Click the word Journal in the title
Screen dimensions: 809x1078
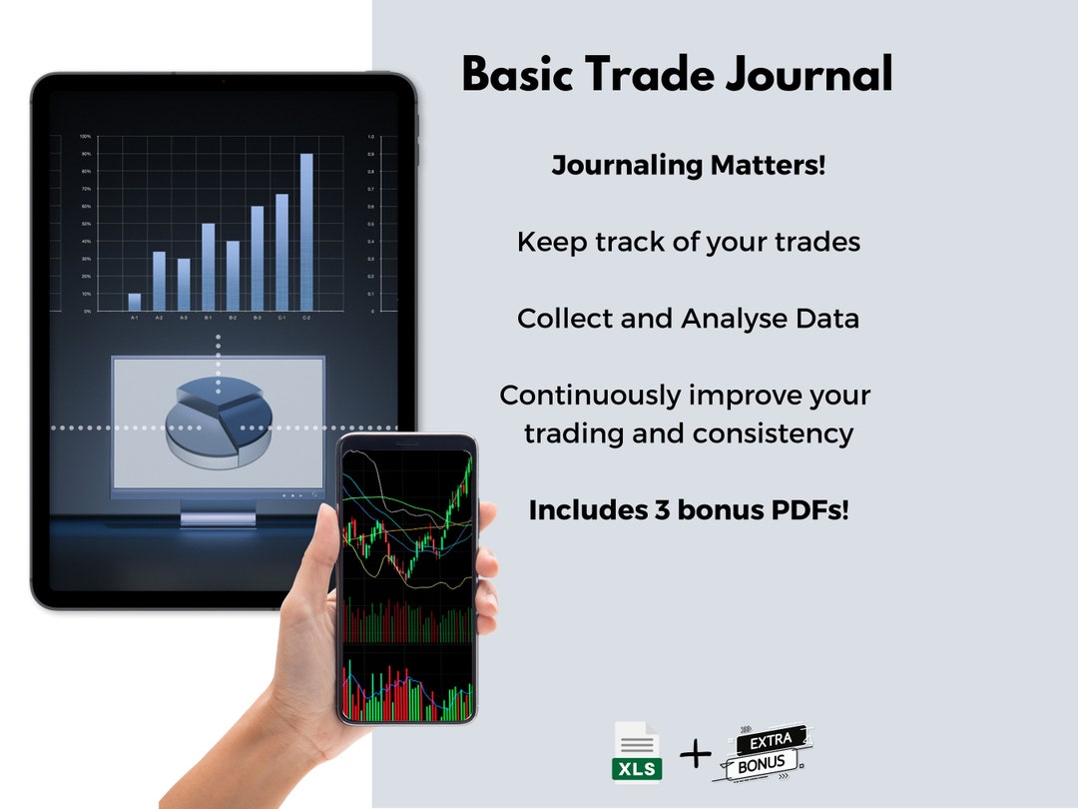pos(808,76)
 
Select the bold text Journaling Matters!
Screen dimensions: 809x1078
pos(689,165)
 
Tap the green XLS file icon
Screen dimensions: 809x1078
pos(637,751)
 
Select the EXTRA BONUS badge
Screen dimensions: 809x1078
pos(763,753)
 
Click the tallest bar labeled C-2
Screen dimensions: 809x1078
pos(306,232)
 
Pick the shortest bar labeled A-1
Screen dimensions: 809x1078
pos(135,302)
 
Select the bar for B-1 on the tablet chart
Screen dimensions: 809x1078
pos(209,267)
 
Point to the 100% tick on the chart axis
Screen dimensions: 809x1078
pos(86,136)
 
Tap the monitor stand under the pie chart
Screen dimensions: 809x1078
pos(217,514)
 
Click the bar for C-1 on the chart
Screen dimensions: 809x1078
pos(281,252)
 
